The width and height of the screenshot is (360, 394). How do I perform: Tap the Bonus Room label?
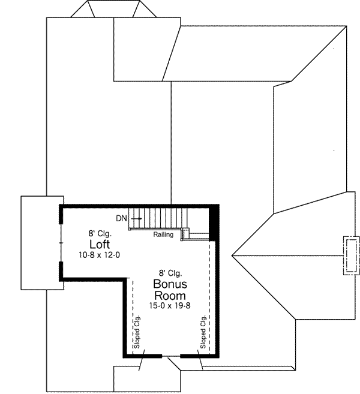(169, 289)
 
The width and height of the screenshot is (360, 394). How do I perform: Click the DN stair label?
(122, 219)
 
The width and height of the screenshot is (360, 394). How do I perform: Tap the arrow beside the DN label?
(136, 219)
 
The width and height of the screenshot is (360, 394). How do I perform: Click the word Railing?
(163, 234)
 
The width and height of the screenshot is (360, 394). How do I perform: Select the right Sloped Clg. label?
(204, 333)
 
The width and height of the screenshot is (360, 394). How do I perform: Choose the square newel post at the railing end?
(187, 231)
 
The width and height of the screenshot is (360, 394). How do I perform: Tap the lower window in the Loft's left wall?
(61, 270)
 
